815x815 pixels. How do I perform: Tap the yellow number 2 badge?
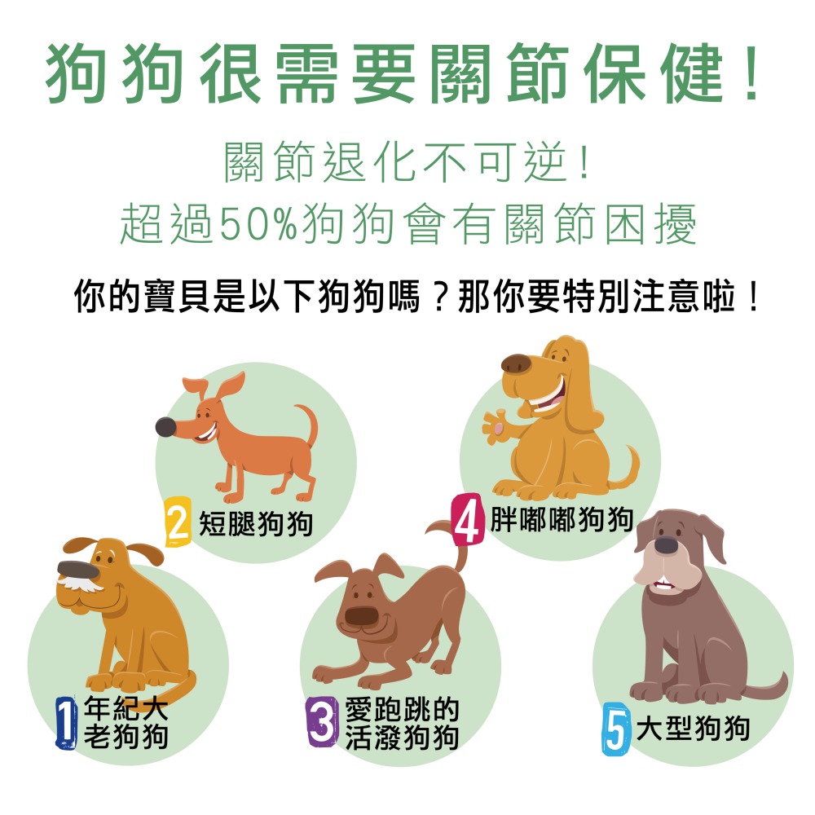click(178, 522)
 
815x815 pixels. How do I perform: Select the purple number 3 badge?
click(322, 721)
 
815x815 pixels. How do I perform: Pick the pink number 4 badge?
click(467, 519)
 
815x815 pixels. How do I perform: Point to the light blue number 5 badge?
click(616, 729)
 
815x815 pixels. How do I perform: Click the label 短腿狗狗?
click(256, 523)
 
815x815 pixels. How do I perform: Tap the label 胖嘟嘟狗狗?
click(562, 519)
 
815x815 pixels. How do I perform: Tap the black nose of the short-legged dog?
click(165, 427)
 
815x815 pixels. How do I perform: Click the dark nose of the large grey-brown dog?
click(666, 545)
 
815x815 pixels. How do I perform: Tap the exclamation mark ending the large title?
click(751, 73)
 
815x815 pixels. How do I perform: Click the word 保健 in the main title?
click(653, 73)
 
